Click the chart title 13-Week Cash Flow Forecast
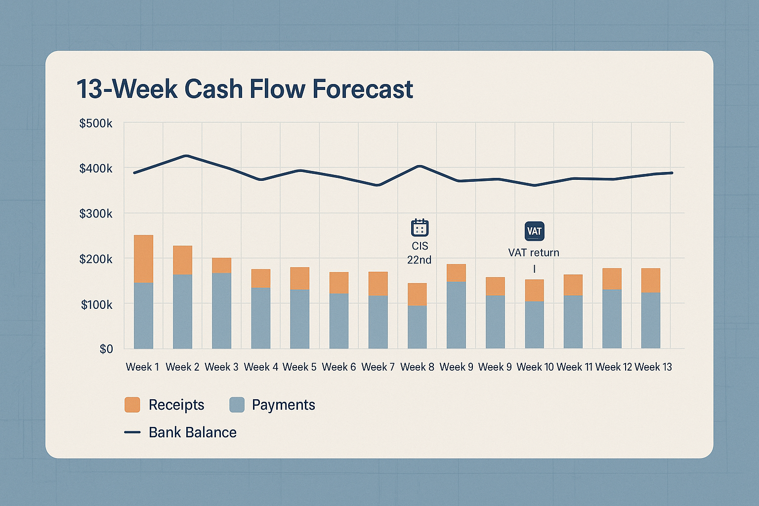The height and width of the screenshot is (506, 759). [245, 89]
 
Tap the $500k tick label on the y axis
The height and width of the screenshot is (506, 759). [96, 123]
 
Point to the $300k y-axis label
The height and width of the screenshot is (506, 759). [96, 213]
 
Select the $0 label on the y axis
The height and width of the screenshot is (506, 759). [106, 349]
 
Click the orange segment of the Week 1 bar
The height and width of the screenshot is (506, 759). [143, 258]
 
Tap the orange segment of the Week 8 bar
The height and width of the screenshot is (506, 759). [417, 294]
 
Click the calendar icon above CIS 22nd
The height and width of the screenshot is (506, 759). [420, 228]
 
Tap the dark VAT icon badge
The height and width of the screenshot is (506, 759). [534, 231]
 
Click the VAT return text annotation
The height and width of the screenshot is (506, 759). [534, 253]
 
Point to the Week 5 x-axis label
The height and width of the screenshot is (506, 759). [299, 367]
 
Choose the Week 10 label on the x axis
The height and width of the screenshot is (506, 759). [535, 367]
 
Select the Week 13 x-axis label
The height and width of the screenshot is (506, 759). [653, 367]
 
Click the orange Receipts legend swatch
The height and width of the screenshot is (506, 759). [132, 405]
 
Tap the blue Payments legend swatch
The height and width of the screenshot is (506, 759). [237, 405]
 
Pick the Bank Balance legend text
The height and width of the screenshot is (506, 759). [193, 432]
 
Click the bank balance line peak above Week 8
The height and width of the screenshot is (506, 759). [420, 166]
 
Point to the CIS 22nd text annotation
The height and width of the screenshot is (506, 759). [420, 253]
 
